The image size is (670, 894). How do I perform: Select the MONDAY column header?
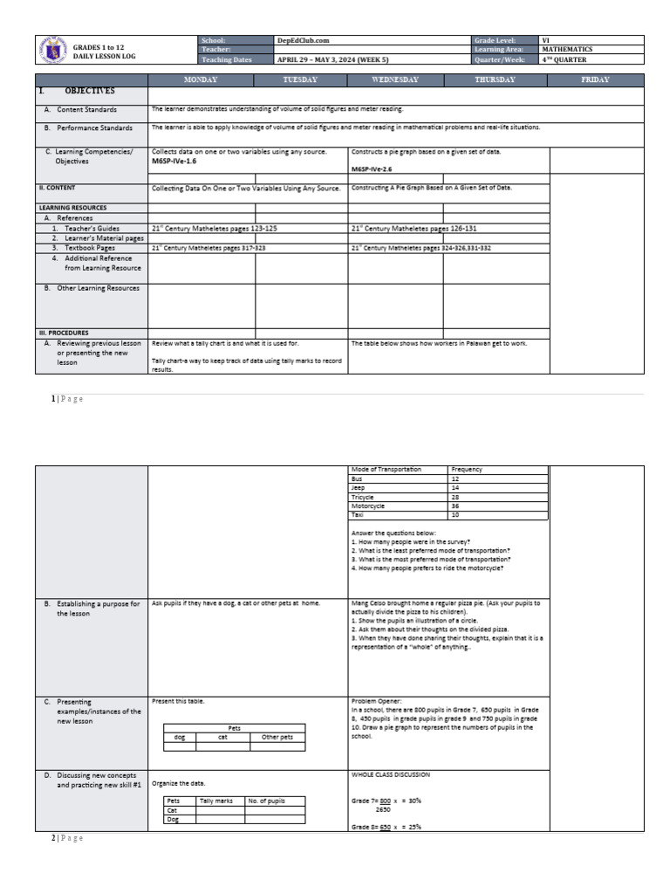201,80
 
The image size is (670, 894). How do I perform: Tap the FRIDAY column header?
595,80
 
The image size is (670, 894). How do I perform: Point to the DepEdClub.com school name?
303,40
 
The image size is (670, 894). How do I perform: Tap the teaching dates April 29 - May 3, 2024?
332,60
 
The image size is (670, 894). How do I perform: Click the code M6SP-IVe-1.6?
174,162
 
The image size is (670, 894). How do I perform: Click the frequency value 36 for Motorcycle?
455,505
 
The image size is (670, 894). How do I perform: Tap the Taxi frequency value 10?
455,515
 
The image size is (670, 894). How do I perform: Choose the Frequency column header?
467,470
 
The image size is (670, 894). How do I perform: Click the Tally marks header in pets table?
215,801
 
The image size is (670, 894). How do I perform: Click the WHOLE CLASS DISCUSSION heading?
390,774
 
